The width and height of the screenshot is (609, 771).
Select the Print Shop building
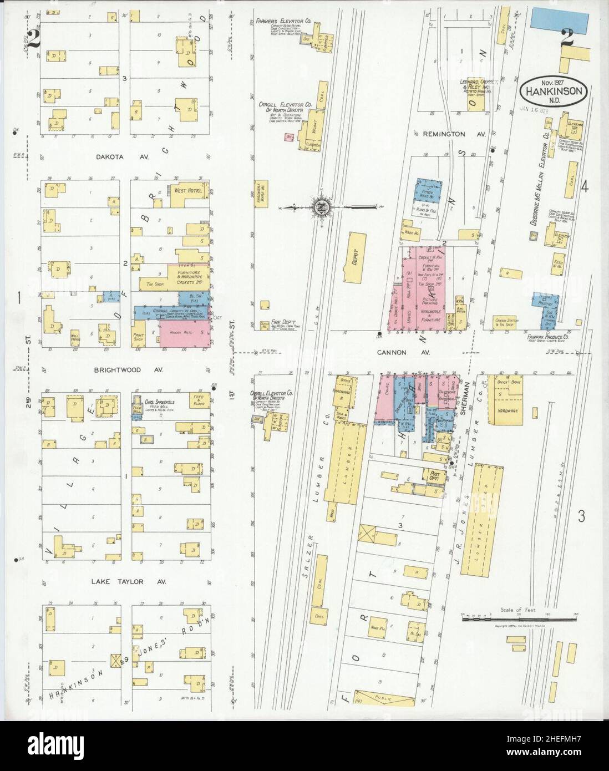[x=138, y=337]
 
